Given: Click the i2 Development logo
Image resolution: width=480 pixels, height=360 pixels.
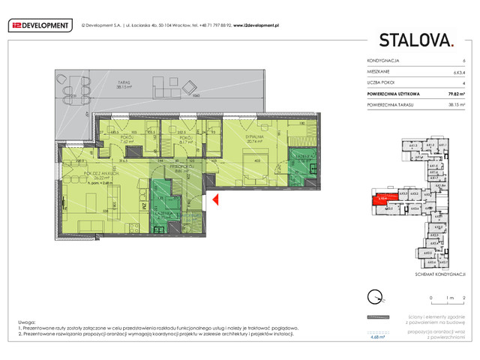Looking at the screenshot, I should (39, 25).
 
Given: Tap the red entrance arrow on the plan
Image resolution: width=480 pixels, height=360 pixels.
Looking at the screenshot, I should (214, 199).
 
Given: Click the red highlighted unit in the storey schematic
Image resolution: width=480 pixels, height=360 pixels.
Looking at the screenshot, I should (382, 198).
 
